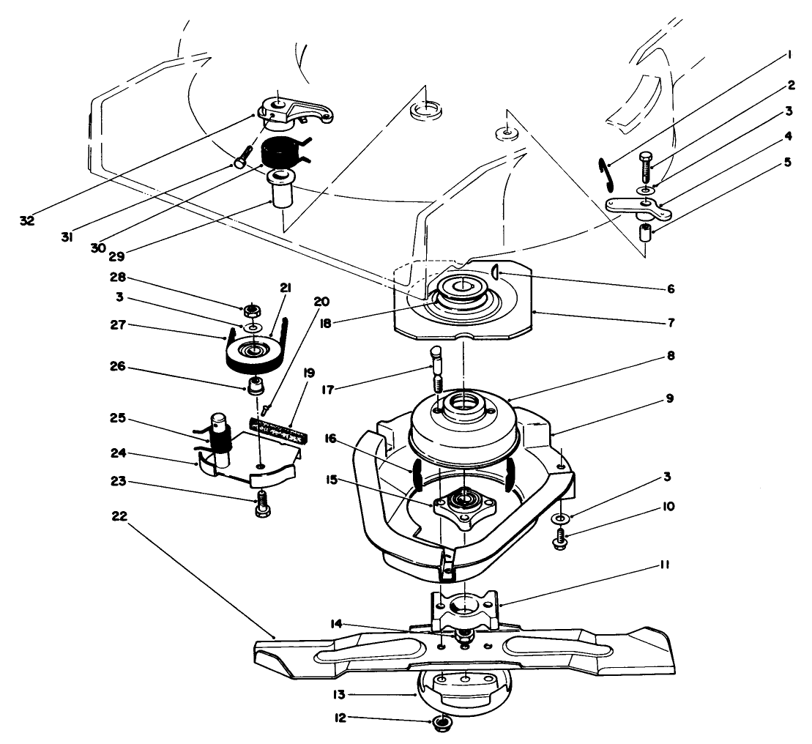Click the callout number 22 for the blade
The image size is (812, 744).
click(x=119, y=516)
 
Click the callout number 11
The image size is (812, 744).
click(x=665, y=566)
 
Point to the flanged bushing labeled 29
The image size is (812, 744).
click(x=282, y=193)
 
